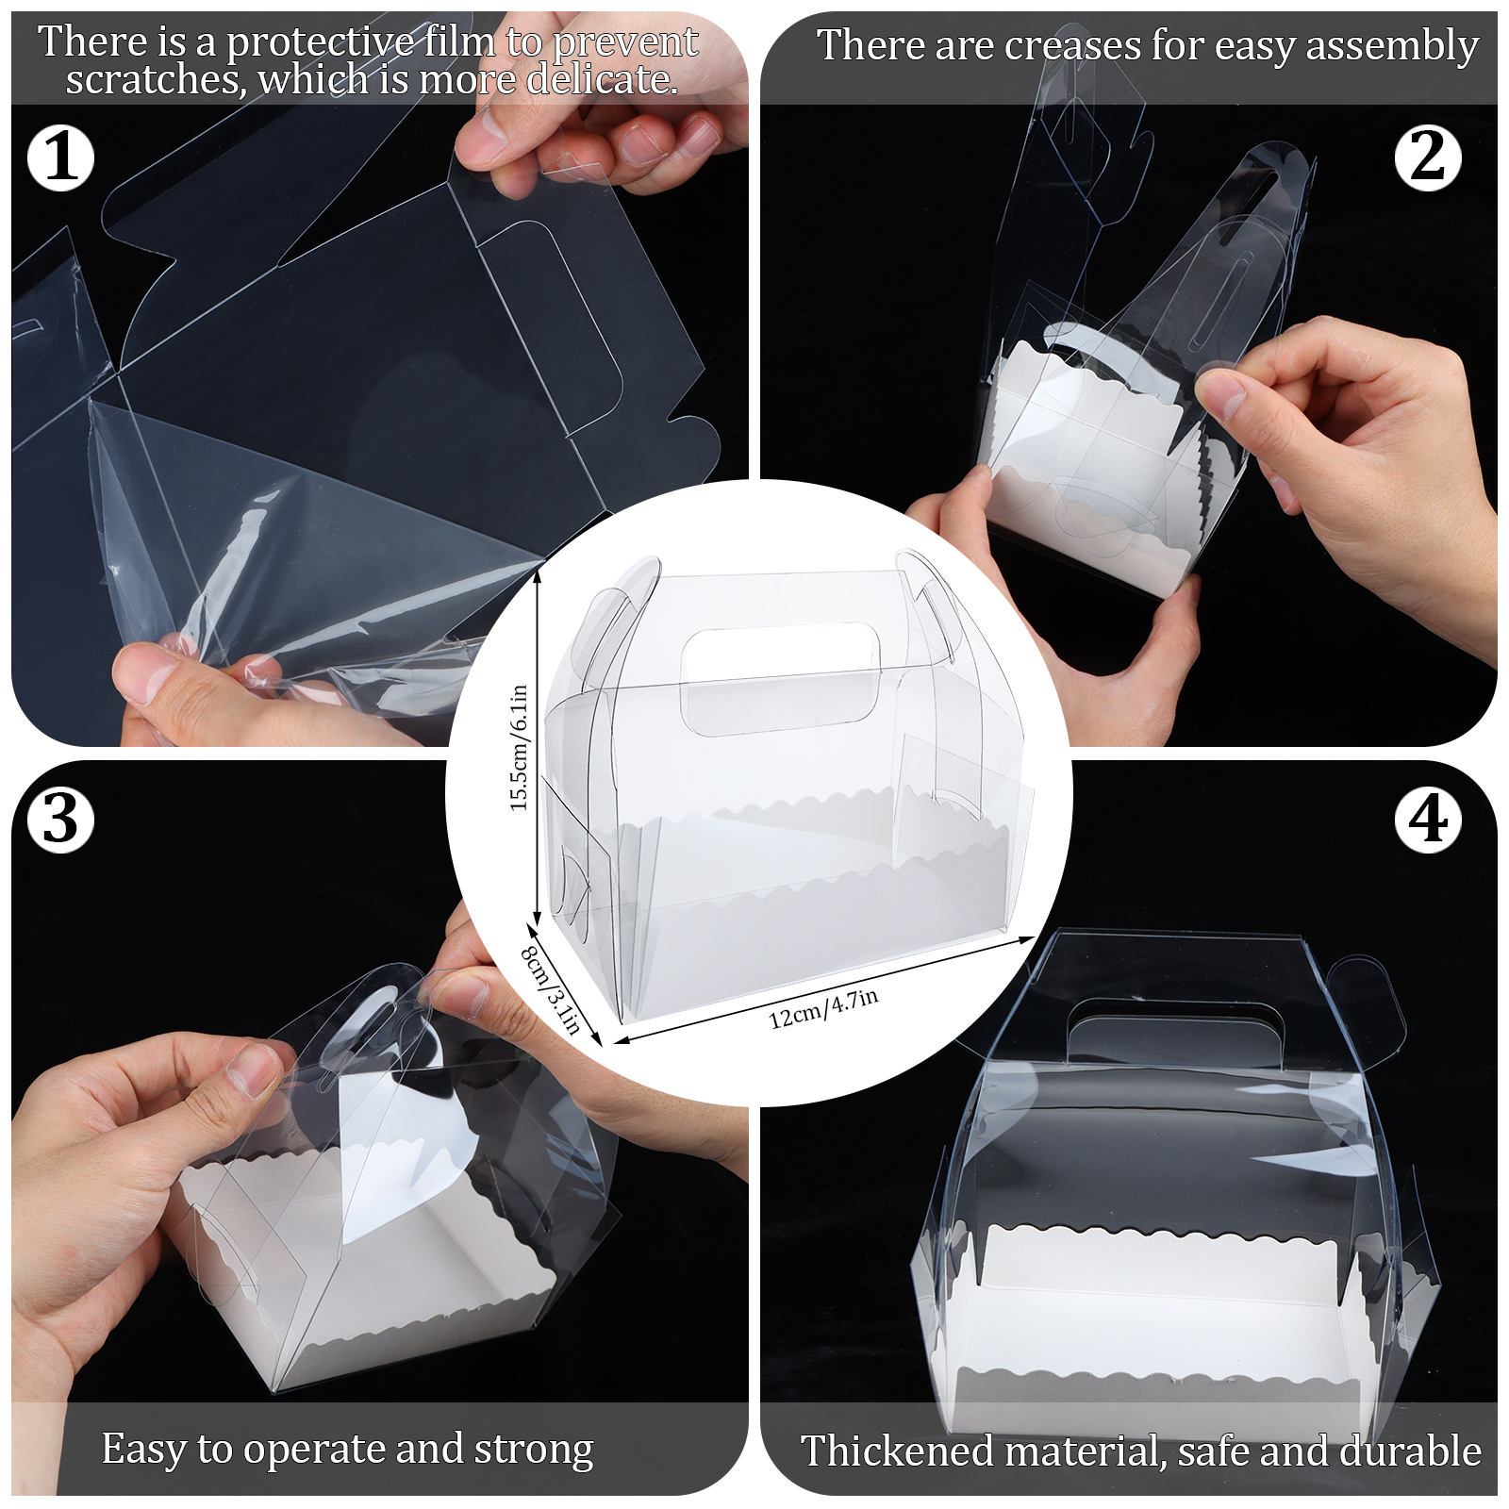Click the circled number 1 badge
[x=61, y=158]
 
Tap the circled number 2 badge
[x=1428, y=158]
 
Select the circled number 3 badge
[x=61, y=819]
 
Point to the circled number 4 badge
[x=1428, y=819]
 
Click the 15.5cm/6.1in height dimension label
[x=519, y=747]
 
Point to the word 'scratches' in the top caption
[x=152, y=80]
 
